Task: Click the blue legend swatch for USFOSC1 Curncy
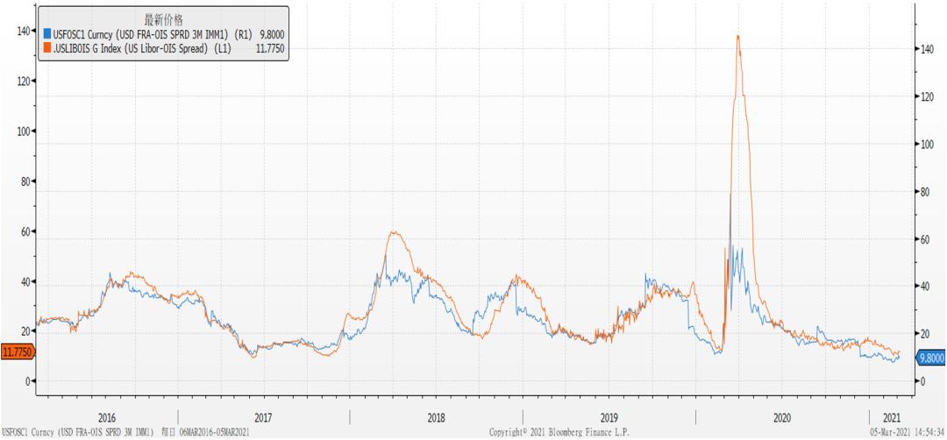tap(47, 33)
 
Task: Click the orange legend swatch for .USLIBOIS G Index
tap(47, 47)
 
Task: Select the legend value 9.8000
tap(271, 33)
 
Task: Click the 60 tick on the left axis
tap(23, 231)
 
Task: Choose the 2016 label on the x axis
tap(107, 417)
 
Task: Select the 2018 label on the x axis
tap(436, 417)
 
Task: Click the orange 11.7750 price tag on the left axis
tap(17, 352)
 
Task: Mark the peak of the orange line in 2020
tap(738, 36)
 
